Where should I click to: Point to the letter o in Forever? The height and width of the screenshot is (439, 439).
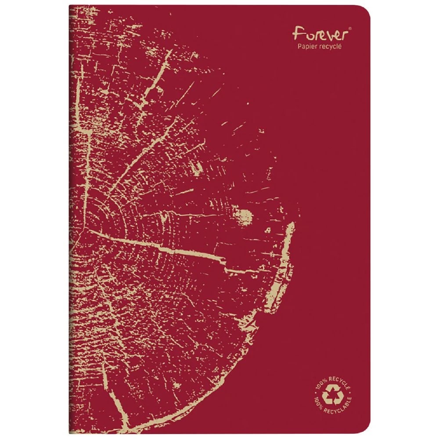tap(306, 35)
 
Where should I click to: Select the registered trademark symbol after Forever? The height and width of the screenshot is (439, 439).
tap(349, 28)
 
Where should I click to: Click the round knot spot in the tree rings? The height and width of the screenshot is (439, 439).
tap(244, 215)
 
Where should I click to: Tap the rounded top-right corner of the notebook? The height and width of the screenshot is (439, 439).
tap(365, 11)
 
